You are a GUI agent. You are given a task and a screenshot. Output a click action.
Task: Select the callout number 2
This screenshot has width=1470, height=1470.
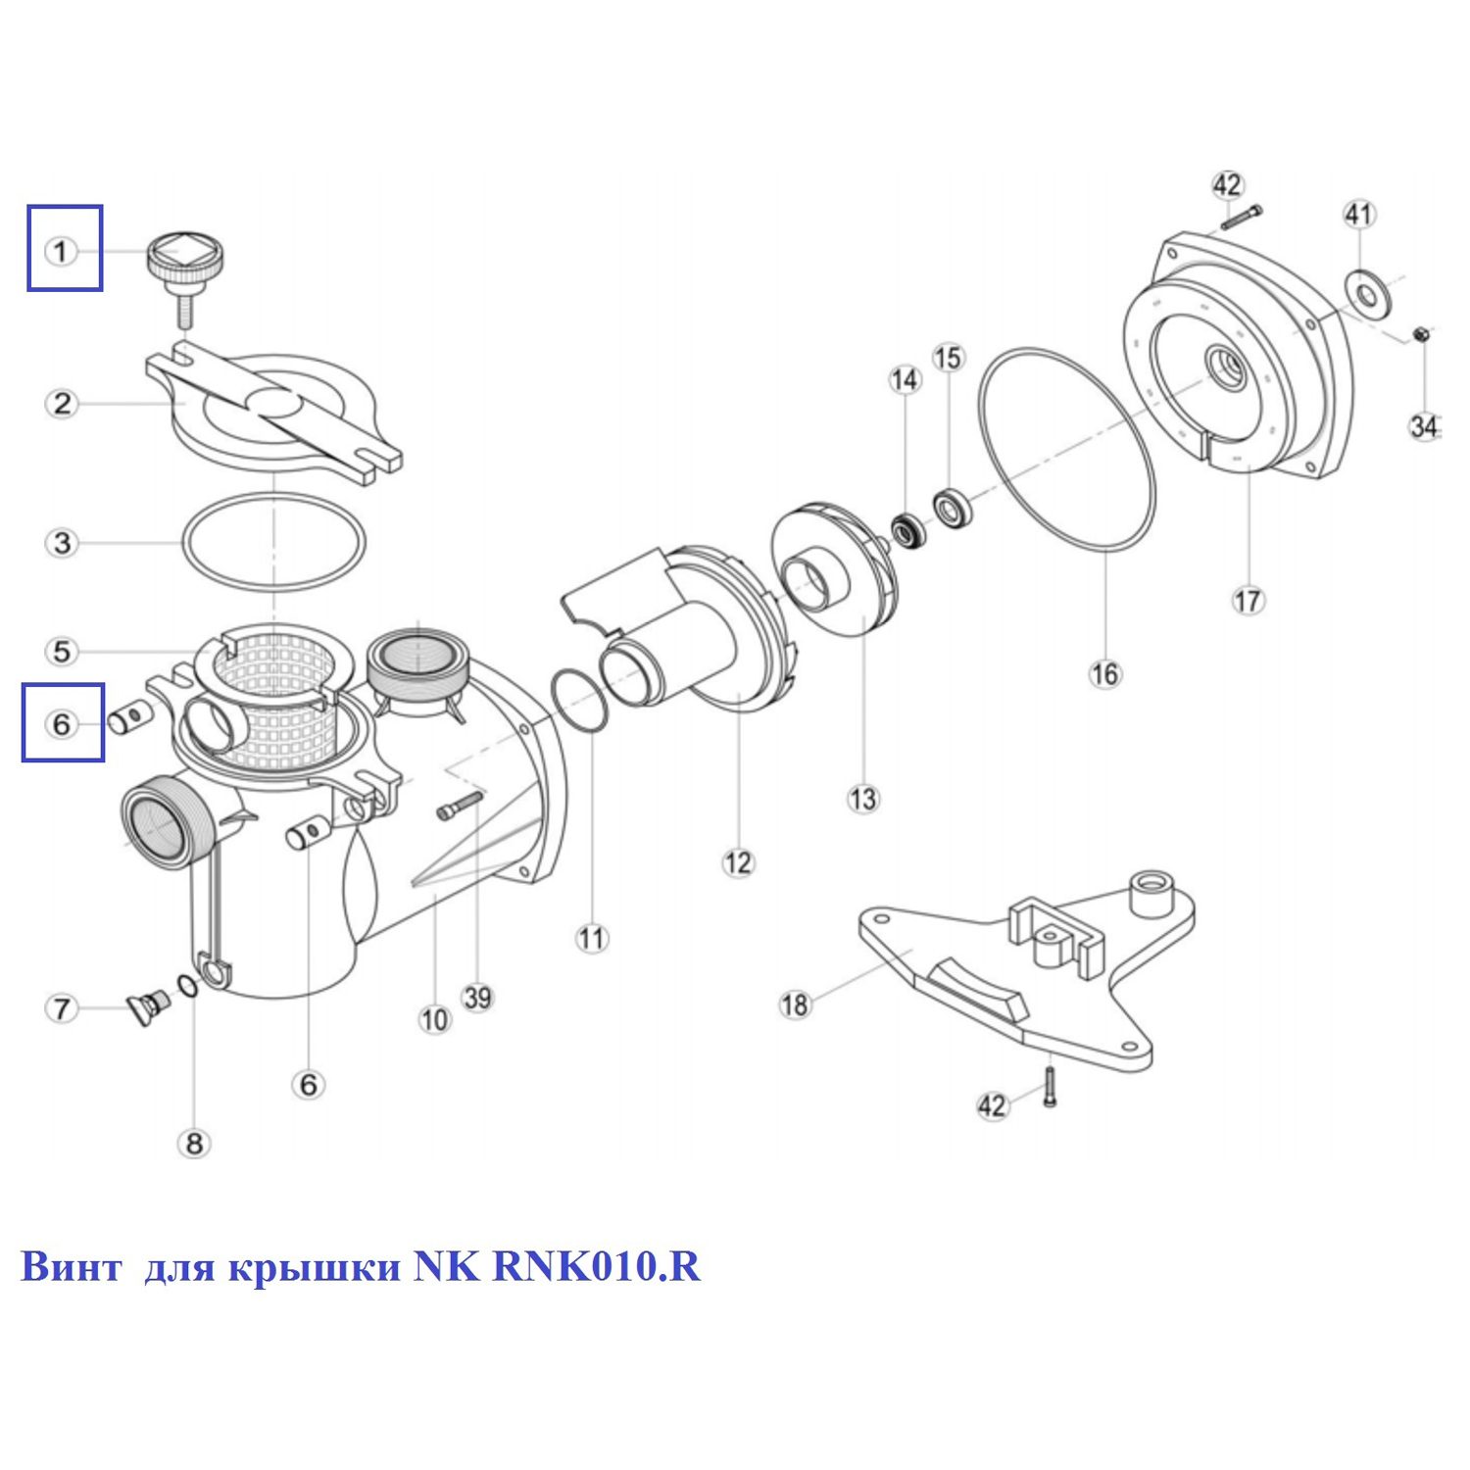(x=62, y=403)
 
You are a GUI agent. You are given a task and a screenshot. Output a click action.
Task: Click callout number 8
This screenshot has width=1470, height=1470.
(x=194, y=1143)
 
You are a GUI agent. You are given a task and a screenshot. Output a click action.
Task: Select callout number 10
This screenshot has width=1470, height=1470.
(x=434, y=1020)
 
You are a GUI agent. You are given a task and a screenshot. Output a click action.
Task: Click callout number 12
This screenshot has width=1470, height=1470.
(x=738, y=862)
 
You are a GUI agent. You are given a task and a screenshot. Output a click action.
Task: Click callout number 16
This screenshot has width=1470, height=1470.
(x=1104, y=673)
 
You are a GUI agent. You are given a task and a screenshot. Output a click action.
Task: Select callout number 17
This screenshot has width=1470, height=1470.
(x=1248, y=600)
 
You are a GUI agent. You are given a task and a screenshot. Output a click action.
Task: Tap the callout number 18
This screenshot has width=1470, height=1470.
(x=795, y=1004)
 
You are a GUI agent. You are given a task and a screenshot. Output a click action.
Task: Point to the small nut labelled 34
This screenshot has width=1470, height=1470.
(x=1422, y=336)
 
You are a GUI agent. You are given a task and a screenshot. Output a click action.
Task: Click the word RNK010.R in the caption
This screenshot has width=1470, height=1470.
(x=596, y=1266)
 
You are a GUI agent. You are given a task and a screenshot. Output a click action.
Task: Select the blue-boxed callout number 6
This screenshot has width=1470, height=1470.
(x=62, y=724)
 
